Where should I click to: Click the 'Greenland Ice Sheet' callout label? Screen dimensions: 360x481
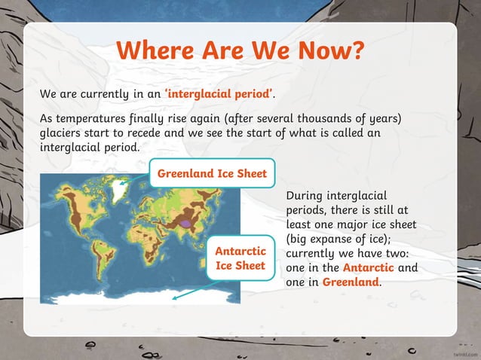pyautogui.click(x=212, y=174)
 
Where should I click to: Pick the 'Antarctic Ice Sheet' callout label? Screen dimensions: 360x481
pyautogui.click(x=240, y=258)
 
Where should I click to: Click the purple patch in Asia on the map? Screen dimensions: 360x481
pyautogui.click(x=185, y=222)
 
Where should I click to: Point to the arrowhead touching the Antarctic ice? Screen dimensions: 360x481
pyautogui.click(x=175, y=297)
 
